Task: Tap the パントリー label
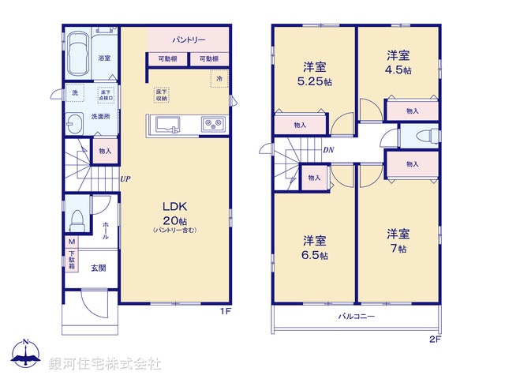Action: point(188,39)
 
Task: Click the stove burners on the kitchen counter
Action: point(213,124)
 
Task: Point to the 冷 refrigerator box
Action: point(217,79)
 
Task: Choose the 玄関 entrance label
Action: point(98,268)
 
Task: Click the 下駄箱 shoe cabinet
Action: point(72,259)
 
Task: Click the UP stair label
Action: point(125,179)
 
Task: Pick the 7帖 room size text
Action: point(398,249)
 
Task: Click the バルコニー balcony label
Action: point(357,316)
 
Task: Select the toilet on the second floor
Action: point(420,134)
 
